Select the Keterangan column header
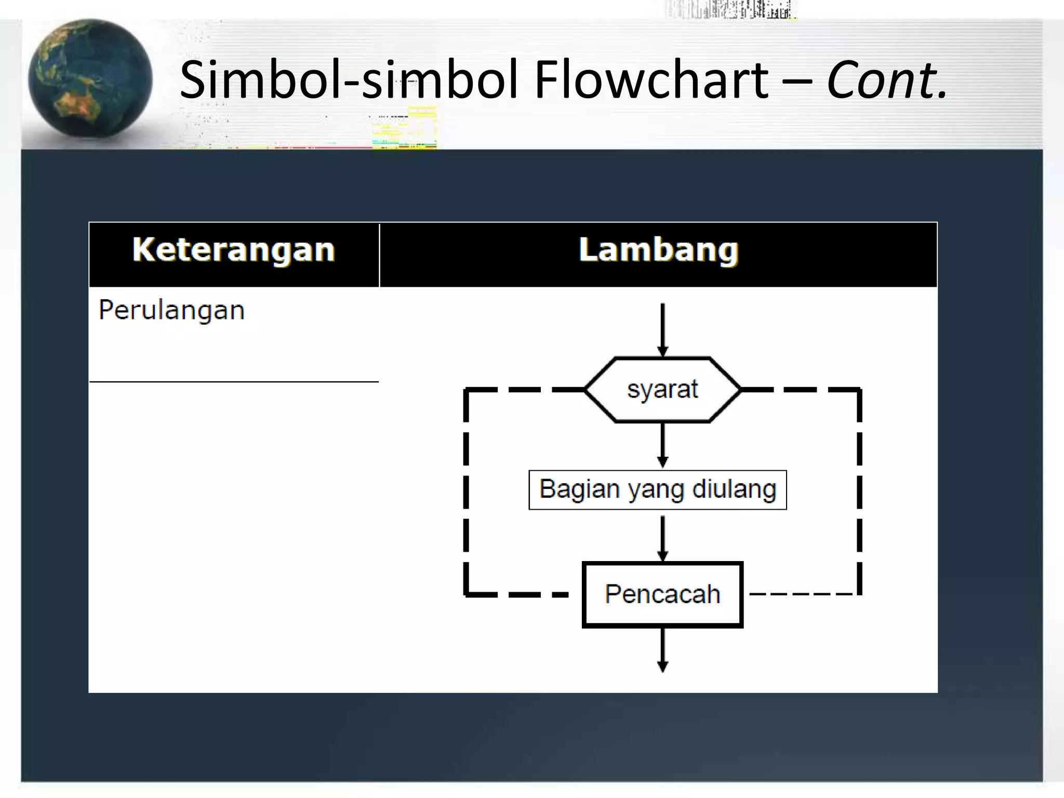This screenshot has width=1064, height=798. (x=234, y=250)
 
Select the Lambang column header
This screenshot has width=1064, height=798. (x=658, y=250)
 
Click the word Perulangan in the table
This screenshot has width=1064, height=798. (x=171, y=310)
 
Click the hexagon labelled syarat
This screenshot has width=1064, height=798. (x=662, y=390)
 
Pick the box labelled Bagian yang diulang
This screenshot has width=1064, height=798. (x=657, y=489)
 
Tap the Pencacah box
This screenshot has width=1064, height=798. (x=662, y=594)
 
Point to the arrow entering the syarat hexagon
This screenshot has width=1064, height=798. (x=662, y=330)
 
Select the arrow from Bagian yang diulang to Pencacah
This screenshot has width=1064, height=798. (x=662, y=538)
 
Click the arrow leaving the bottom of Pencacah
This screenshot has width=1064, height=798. (x=662, y=649)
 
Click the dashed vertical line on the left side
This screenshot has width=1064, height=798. (x=466, y=491)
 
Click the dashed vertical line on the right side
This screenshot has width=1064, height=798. (x=859, y=491)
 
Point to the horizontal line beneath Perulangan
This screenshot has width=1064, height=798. (x=234, y=382)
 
